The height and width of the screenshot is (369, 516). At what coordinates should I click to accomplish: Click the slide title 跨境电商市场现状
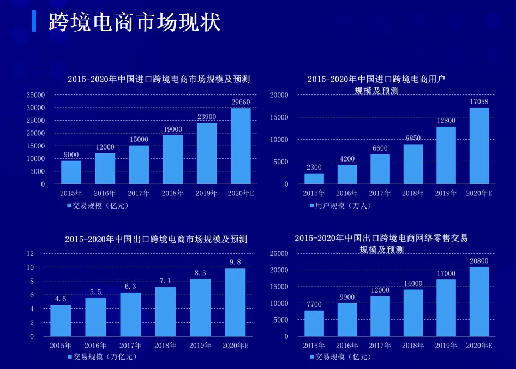(134, 22)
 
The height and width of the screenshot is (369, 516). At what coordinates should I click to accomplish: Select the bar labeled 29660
(241, 146)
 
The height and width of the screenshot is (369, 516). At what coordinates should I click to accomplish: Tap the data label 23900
(207, 117)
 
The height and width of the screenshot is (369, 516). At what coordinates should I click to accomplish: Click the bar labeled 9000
(71, 172)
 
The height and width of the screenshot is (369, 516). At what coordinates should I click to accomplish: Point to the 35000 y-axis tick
(35, 95)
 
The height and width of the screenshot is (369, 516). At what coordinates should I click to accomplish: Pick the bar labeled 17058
(479, 146)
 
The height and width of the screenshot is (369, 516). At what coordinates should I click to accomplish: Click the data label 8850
(413, 139)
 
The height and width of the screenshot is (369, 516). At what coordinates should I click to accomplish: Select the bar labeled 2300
(314, 178)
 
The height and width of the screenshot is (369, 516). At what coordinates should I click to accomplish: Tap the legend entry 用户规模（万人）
(340, 206)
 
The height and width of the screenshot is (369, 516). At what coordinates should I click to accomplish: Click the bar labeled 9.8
(235, 302)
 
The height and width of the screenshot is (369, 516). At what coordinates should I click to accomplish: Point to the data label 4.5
(61, 299)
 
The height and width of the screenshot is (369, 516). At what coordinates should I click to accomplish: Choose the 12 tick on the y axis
(31, 254)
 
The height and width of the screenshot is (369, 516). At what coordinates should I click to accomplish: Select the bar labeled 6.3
(130, 314)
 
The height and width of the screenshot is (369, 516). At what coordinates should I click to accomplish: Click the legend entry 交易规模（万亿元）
(103, 357)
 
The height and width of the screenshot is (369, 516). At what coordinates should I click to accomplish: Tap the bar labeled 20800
(479, 301)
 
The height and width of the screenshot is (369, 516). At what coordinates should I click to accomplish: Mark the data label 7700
(314, 305)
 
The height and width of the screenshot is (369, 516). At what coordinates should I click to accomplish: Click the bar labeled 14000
(413, 313)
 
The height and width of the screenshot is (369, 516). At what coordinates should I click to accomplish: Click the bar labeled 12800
(446, 155)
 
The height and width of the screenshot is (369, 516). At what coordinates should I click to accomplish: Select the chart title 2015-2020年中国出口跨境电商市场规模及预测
(156, 239)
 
